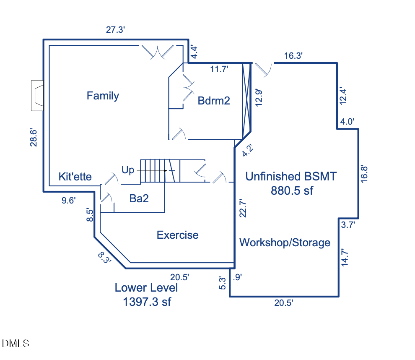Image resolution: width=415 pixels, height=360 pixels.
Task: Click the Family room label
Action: [103, 96]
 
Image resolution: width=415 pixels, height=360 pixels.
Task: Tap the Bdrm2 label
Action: [214, 101]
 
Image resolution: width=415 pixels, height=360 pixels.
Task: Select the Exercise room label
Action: [177, 235]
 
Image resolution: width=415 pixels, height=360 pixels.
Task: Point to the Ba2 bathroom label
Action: [139, 199]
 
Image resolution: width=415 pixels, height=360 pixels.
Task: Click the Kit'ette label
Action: [75, 176]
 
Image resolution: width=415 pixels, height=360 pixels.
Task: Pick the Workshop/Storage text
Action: [285, 243]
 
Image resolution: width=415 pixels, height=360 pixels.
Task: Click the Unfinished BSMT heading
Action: [290, 176]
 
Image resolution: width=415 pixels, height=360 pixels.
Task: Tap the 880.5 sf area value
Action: [292, 190]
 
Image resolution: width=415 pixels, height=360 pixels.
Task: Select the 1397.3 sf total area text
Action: [147, 301]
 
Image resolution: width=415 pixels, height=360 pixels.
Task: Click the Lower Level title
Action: [146, 288]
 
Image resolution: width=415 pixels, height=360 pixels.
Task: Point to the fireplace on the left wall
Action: [37, 96]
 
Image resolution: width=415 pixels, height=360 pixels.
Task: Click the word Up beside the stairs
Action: [128, 170]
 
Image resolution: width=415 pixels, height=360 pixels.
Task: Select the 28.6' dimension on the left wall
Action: [34, 137]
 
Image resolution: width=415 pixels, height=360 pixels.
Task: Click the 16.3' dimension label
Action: [293, 55]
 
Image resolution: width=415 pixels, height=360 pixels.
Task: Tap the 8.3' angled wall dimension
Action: [105, 257]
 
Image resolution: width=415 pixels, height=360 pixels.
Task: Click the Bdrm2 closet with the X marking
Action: [246, 101]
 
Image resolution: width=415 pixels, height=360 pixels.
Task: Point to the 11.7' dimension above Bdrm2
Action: [219, 70]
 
